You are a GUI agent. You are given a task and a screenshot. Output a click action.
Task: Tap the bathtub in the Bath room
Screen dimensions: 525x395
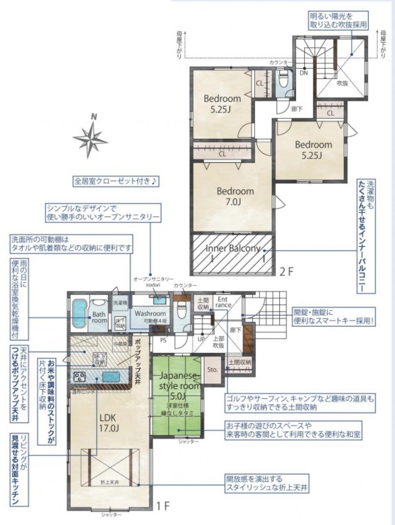click(x=79, y=313)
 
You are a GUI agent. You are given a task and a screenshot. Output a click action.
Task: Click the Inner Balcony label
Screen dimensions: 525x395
click(x=233, y=248)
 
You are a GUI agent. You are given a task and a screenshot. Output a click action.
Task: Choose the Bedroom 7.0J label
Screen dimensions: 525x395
click(x=235, y=196)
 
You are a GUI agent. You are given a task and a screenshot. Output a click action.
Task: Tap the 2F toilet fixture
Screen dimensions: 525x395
click(x=283, y=81)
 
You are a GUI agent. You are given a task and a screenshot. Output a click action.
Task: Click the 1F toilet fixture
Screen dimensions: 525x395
click(x=182, y=310)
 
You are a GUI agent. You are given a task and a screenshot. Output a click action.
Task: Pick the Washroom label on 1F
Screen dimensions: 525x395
click(x=150, y=313)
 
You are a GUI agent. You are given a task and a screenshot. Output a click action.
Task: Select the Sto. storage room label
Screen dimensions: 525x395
click(x=213, y=370)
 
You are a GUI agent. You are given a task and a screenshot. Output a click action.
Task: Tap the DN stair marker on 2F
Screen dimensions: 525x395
click(x=304, y=73)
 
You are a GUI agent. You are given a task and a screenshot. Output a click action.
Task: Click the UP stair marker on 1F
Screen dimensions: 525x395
click(x=201, y=339)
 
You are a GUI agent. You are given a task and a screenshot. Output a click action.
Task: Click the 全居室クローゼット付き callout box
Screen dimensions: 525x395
click(x=116, y=181)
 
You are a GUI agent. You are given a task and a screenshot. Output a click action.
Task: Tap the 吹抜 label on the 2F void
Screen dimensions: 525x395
click(x=342, y=83)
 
